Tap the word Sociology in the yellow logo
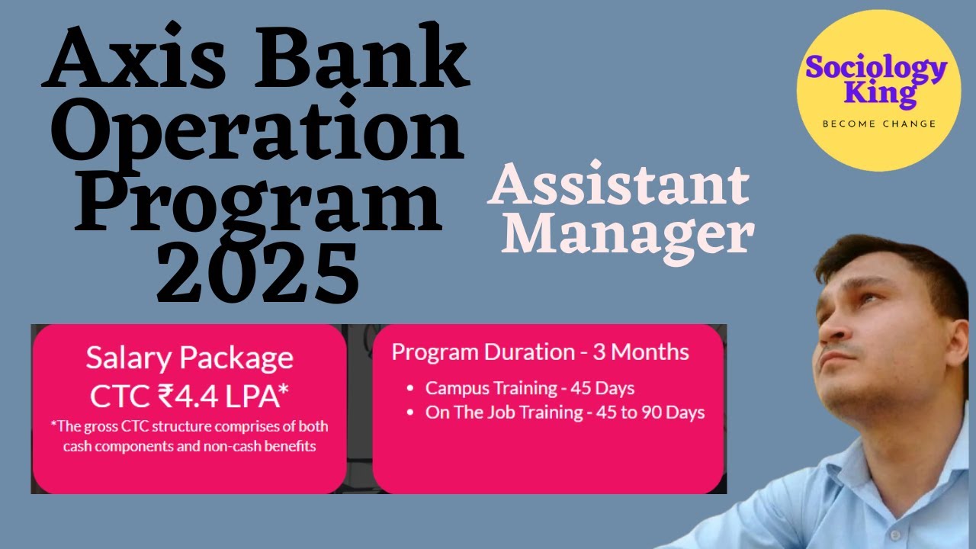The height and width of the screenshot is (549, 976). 877,68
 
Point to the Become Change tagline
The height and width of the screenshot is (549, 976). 878,124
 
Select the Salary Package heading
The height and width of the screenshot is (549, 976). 189,358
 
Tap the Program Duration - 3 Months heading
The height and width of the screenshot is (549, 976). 540,352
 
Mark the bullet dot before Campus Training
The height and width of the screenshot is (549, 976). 410,388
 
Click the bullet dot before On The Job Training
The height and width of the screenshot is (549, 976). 410,413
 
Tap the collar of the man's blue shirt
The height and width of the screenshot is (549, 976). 877,473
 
